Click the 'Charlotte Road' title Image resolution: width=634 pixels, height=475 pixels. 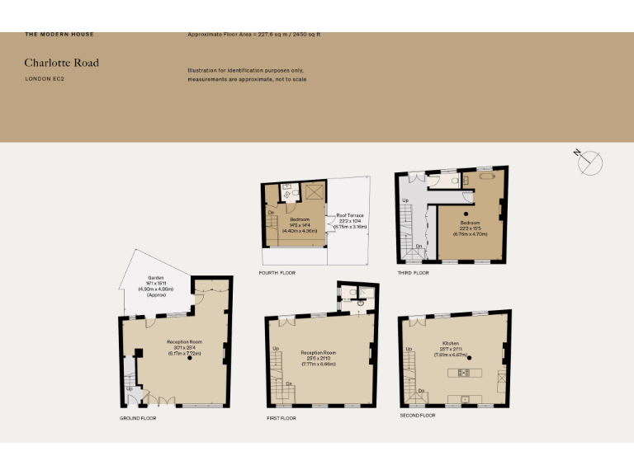[61, 63]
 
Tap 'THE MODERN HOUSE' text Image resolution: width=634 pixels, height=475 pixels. [59, 35]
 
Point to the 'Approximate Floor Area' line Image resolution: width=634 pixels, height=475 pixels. [253, 35]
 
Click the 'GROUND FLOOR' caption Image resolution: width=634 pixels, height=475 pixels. [137, 418]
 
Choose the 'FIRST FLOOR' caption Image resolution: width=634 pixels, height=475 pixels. [282, 418]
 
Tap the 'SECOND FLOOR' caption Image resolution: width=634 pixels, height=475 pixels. [417, 415]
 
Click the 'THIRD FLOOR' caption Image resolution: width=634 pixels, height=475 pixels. [412, 272]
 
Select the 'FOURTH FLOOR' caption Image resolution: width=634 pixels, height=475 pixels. [277, 272]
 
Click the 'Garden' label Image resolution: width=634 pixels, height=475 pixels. [155, 278]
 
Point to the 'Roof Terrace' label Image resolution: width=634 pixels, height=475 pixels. [349, 216]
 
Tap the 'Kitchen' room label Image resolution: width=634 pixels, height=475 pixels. [450, 343]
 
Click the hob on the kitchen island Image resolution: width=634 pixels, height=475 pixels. [464, 373]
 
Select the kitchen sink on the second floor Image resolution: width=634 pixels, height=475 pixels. [465, 400]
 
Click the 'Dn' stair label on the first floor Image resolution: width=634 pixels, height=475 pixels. [288, 383]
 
